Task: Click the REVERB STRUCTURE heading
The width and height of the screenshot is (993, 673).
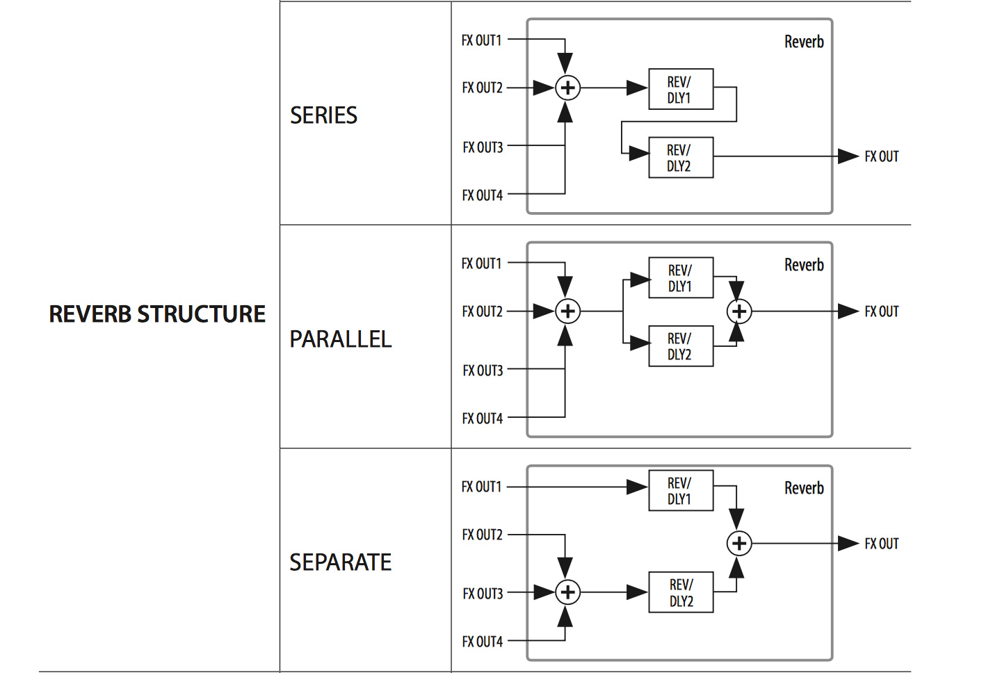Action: [x=157, y=314]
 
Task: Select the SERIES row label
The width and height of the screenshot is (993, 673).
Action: [x=323, y=115]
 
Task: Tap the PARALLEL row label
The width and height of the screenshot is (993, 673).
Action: [x=341, y=339]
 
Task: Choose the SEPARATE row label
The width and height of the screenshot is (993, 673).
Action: [x=341, y=562]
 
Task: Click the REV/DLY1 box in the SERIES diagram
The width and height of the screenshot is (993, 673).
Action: [x=680, y=90]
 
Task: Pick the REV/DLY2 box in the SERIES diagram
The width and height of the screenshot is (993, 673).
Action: [x=680, y=158]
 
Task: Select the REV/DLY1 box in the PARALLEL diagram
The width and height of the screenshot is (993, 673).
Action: [x=680, y=278]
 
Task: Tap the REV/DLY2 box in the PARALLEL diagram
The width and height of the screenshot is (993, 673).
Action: [x=680, y=346]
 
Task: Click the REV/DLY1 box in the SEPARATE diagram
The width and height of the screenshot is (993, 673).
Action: [x=680, y=491]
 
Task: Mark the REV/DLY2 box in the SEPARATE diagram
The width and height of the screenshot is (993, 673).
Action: [x=681, y=592]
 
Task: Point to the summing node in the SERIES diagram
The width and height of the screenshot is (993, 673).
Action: [x=568, y=88]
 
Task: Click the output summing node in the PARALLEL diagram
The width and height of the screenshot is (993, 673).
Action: [x=739, y=311]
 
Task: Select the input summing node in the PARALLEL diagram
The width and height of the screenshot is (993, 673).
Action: [x=568, y=311]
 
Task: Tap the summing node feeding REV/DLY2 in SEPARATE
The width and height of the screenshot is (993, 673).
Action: [x=568, y=592]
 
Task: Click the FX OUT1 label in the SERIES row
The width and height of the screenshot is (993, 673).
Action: [x=481, y=41]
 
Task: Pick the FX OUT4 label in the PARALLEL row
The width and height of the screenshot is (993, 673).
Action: [x=482, y=419]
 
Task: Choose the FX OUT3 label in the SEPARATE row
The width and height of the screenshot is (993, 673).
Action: [x=483, y=594]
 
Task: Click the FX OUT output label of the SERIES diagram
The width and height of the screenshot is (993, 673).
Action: [x=881, y=157]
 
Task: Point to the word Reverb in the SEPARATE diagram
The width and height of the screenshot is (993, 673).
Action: [x=804, y=488]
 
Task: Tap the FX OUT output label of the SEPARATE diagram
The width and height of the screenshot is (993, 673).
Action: [x=881, y=544]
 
